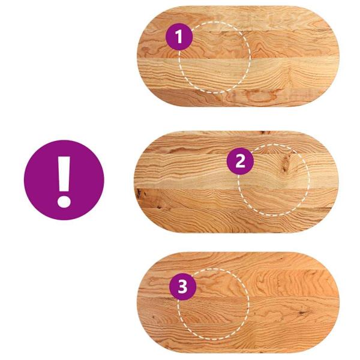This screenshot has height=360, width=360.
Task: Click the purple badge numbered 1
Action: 179,37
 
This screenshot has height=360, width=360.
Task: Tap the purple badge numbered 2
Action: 240,161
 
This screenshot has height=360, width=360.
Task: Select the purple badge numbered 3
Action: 183,287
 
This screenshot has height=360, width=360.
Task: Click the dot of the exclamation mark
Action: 64,201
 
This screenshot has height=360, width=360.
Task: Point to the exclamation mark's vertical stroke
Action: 64,174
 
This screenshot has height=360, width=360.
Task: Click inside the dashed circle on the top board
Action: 215,58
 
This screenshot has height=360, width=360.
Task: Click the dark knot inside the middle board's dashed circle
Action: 284,165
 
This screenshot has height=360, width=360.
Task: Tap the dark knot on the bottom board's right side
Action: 302,312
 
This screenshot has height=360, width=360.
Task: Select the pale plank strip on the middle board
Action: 236,171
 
